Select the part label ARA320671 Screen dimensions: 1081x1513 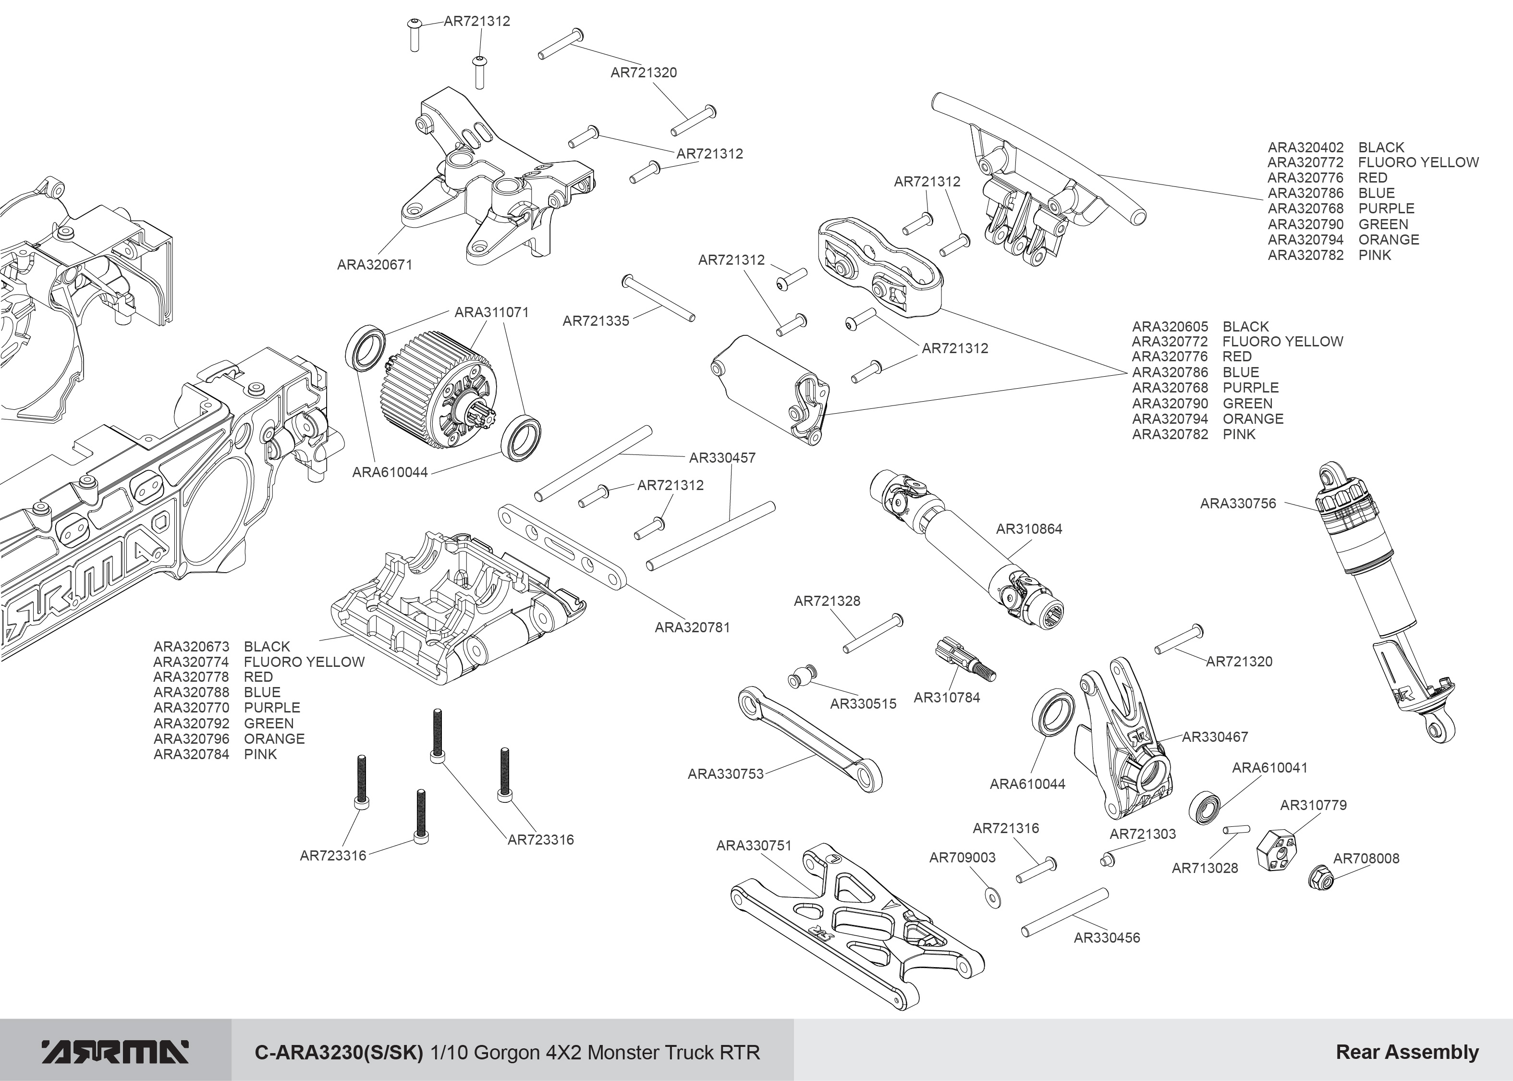point(375,265)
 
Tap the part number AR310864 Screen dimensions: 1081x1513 point(1029,529)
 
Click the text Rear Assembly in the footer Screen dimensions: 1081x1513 point(1406,1052)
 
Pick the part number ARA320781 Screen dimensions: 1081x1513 point(692,627)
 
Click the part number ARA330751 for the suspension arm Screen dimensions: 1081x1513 point(753,846)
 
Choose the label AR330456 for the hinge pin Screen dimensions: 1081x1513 point(1107,938)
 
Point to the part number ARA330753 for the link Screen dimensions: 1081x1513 point(725,774)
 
